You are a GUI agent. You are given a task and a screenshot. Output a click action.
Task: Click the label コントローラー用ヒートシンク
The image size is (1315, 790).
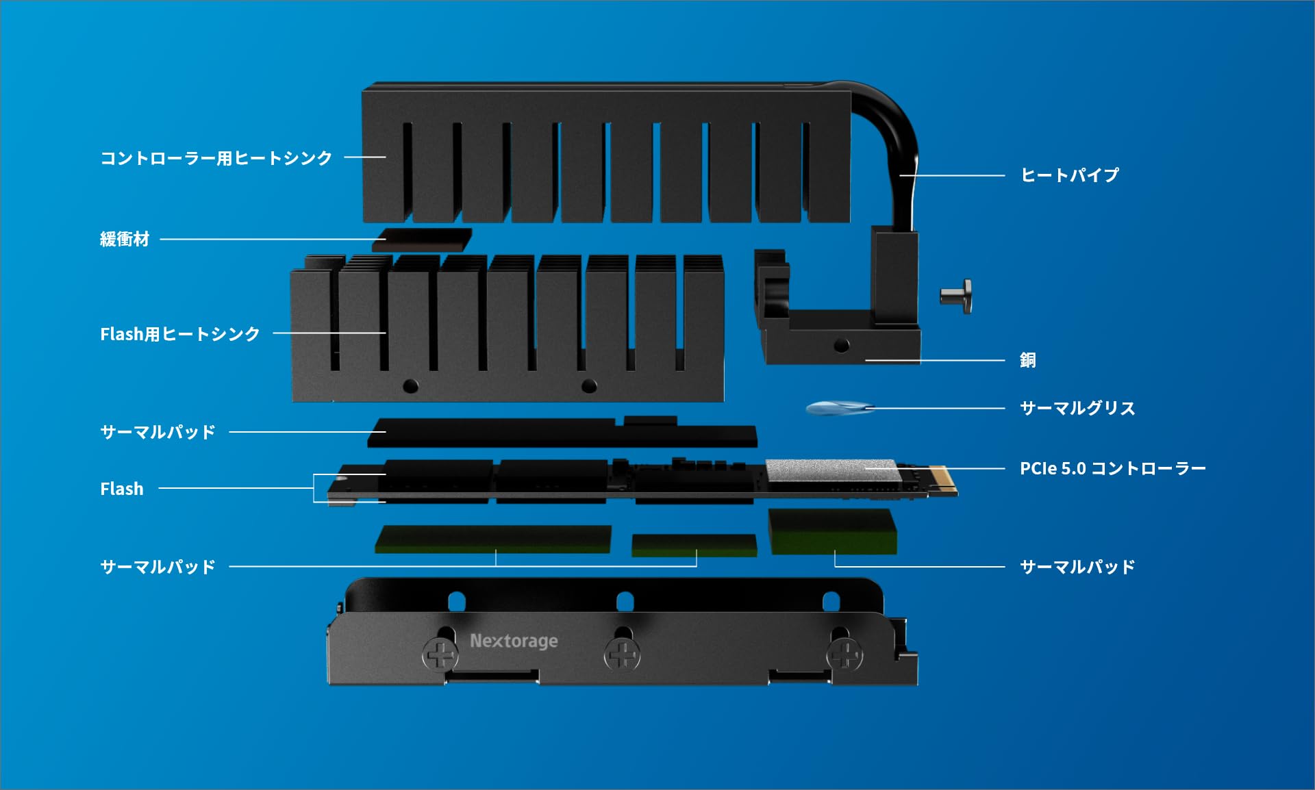216,158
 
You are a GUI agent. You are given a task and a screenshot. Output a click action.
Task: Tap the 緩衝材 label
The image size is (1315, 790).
125,239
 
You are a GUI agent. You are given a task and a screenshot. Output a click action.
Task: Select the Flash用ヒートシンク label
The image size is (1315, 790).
180,334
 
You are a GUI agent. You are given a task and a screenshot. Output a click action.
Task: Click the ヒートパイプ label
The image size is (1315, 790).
1069,175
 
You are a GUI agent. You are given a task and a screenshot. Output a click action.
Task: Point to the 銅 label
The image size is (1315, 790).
1027,360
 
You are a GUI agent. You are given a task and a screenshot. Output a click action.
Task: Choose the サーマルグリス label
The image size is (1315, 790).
1077,408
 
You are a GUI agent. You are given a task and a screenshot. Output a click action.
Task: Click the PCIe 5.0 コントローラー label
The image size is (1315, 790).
1112,468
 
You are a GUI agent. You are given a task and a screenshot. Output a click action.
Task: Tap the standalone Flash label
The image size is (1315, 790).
122,489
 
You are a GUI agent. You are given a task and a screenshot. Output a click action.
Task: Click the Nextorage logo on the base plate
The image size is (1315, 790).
514,641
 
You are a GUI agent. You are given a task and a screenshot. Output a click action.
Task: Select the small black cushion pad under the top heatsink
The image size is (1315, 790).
422,240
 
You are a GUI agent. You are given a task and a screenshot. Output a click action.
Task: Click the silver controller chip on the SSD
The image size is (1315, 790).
831,470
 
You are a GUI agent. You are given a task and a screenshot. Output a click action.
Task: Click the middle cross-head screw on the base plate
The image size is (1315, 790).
622,655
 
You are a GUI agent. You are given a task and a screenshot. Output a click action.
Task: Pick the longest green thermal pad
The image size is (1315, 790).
493,539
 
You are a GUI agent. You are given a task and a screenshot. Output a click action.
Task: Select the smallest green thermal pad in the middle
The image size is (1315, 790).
694,545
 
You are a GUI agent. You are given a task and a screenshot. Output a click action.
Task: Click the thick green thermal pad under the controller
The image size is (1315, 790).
832,531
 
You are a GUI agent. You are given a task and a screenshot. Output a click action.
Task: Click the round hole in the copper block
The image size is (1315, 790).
842,346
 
